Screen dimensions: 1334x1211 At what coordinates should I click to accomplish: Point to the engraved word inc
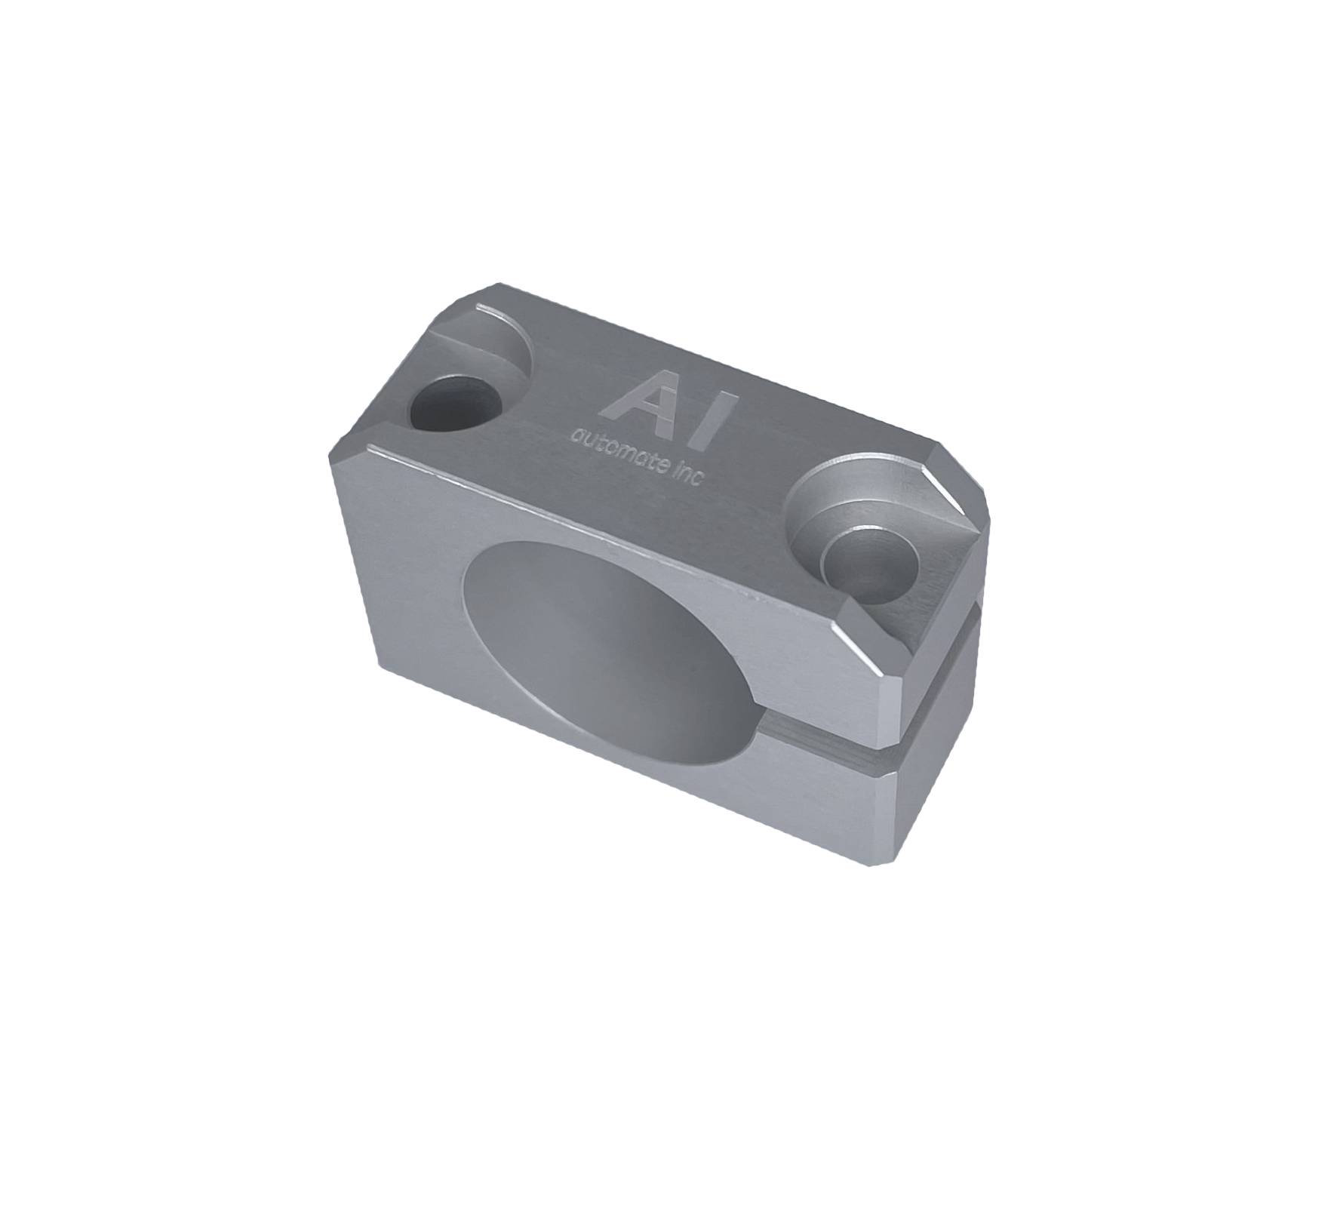[687, 475]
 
